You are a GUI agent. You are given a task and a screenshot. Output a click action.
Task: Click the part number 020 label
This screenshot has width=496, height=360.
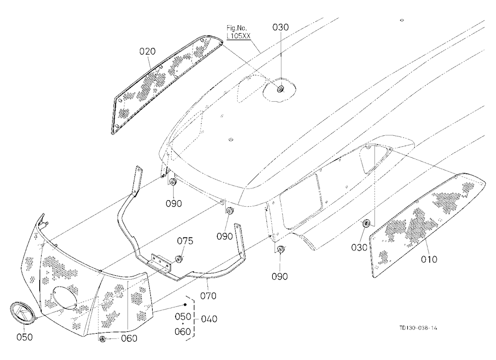(x=147, y=51)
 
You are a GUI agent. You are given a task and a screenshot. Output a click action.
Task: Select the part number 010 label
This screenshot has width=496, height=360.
(x=429, y=259)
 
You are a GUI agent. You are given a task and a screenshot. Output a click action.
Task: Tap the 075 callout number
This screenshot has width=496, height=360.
(x=185, y=241)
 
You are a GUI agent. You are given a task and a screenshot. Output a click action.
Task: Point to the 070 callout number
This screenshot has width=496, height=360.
(x=208, y=296)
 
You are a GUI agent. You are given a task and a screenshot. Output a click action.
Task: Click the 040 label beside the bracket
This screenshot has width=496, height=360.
(x=209, y=319)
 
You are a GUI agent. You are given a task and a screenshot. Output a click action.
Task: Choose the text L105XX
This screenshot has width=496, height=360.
(x=239, y=36)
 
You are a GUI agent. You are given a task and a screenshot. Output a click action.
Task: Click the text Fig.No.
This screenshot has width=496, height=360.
(x=237, y=28)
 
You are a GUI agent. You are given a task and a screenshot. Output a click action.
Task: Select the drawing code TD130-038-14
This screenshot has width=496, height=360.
(x=418, y=328)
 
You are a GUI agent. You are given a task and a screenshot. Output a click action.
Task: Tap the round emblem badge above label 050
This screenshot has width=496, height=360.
(x=23, y=313)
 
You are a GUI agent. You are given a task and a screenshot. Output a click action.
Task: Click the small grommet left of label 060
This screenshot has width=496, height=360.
(x=102, y=339)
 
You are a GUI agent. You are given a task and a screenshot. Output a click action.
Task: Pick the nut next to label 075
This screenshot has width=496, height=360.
(x=179, y=259)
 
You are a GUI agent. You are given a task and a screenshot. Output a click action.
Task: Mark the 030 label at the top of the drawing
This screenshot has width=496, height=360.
(x=281, y=27)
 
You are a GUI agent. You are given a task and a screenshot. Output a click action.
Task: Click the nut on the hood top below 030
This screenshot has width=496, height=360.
(x=280, y=89)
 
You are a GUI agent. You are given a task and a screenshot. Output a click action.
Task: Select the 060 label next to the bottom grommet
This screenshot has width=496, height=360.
(x=129, y=339)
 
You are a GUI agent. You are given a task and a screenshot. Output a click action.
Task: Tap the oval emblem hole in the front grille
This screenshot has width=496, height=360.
(x=64, y=298)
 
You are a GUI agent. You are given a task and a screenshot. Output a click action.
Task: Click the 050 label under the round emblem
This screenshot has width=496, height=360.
(x=24, y=337)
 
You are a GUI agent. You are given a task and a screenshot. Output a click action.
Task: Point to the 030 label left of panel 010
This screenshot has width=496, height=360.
(x=359, y=247)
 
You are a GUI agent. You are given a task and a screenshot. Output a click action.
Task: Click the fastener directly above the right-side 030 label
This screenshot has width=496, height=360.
(x=366, y=223)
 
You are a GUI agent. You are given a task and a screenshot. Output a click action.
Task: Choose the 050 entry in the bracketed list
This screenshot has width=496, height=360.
(x=183, y=316)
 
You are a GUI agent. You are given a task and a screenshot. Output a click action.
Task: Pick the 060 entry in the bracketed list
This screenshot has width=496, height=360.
(x=183, y=332)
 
